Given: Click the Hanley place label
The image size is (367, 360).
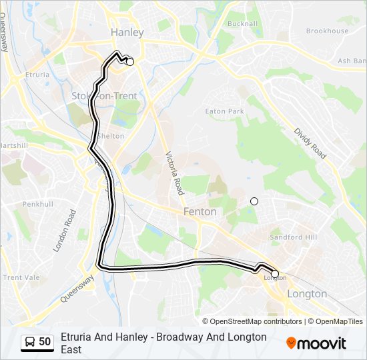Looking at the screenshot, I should point(127,32).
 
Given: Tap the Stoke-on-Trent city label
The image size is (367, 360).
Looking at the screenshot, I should point(104,96).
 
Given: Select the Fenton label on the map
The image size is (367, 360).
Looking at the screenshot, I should point(200,211).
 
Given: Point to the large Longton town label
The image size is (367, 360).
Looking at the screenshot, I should point(307,293).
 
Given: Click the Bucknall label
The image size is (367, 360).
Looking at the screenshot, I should point(242,24).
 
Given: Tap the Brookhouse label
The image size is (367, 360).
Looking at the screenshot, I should point(327,31).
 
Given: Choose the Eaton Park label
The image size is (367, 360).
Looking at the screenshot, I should point(224,111).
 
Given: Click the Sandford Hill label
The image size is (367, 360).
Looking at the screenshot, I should point(294,237).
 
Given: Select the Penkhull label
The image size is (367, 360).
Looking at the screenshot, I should point(37,203).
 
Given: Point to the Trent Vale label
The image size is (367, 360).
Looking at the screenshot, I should point(21,277).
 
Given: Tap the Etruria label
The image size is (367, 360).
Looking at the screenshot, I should point(36,75).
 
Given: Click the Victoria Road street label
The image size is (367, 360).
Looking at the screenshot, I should point(174,172).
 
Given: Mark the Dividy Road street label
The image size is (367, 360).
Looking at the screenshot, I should point(311,143).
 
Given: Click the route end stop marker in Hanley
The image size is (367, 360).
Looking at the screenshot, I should point(130,62).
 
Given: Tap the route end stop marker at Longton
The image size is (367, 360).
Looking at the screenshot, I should point(275,273).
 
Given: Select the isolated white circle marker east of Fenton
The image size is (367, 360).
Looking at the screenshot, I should point(254,201).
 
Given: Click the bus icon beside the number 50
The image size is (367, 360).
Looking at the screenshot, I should point(29,342).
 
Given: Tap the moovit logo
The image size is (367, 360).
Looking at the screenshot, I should point(316,343).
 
